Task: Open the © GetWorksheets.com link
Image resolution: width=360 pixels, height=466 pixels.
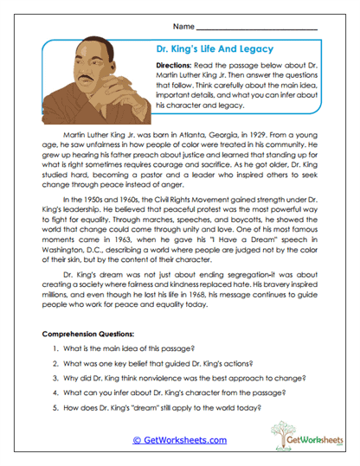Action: [x=179, y=439]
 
